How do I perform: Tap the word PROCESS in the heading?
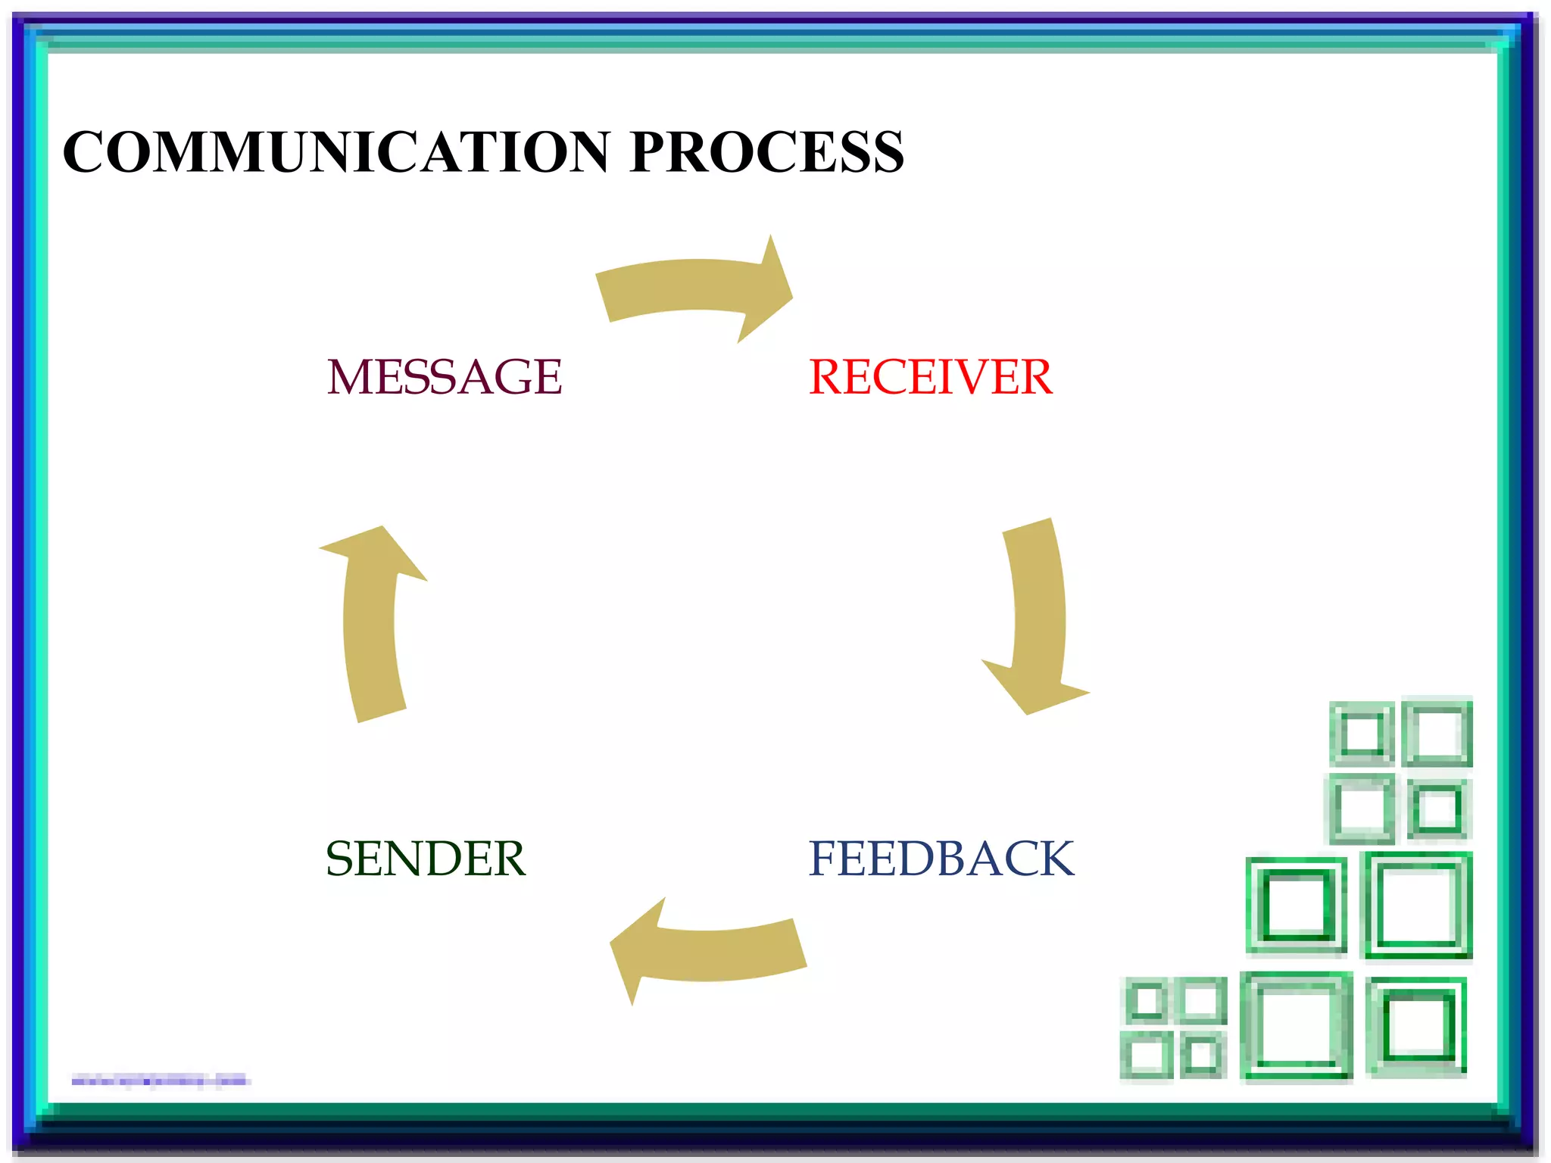pyautogui.click(x=766, y=152)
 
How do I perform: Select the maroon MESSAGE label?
pyautogui.click(x=445, y=377)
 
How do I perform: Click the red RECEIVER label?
pyautogui.click(x=930, y=377)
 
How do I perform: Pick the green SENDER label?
pyautogui.click(x=425, y=859)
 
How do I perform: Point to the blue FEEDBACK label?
pyautogui.click(x=941, y=859)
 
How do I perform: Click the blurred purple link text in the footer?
pyautogui.click(x=160, y=1080)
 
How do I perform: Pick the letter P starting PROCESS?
pyautogui.click(x=651, y=152)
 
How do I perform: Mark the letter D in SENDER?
pyautogui.click(x=452, y=859)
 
